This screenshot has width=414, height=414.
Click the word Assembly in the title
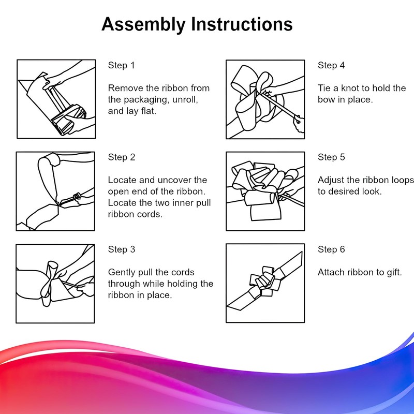pos(144,25)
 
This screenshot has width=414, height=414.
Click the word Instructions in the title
pos(242,24)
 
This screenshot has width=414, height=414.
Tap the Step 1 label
pos(121,65)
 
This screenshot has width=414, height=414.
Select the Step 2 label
pos(122,157)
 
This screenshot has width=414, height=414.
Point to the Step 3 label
pos(122,249)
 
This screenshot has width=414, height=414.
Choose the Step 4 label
pos(331,65)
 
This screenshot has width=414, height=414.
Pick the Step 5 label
pos(331,157)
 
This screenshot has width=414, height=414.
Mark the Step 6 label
pos(331,249)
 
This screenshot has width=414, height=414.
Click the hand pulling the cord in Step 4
pos(299,124)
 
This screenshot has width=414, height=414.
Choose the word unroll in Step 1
pos(185,99)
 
